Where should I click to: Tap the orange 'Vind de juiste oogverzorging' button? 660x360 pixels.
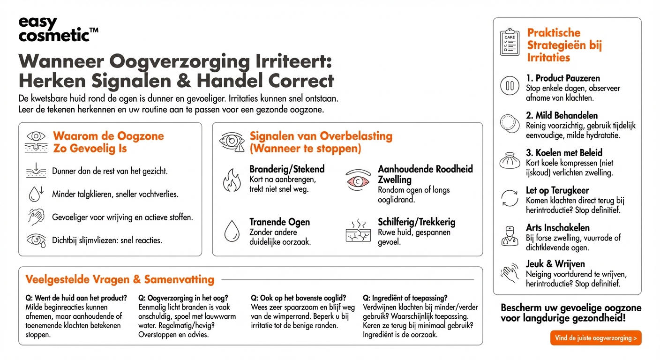pos(596,337)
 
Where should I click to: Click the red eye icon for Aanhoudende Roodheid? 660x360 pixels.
pos(358,180)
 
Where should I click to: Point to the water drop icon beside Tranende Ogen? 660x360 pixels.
pos(232,231)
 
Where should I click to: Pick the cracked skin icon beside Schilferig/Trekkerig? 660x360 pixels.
pos(358,231)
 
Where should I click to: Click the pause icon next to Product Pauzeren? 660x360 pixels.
pos(510,86)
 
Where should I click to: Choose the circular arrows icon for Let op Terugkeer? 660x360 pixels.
pos(510,198)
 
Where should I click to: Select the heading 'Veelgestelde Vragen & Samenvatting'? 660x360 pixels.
pos(120,280)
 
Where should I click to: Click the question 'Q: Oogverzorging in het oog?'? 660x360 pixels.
pos(183,298)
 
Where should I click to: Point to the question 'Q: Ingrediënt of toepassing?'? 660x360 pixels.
pos(405,298)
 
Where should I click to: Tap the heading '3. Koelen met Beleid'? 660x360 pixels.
pos(564,153)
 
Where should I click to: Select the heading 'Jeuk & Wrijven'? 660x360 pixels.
pos(555,264)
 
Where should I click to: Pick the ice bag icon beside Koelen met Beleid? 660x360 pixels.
pos(510,161)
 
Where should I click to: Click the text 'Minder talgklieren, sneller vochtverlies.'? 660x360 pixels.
pos(115,194)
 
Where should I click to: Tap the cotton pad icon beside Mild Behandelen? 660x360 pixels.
pos(510,123)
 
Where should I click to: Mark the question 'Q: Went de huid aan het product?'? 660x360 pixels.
pos(76,298)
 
